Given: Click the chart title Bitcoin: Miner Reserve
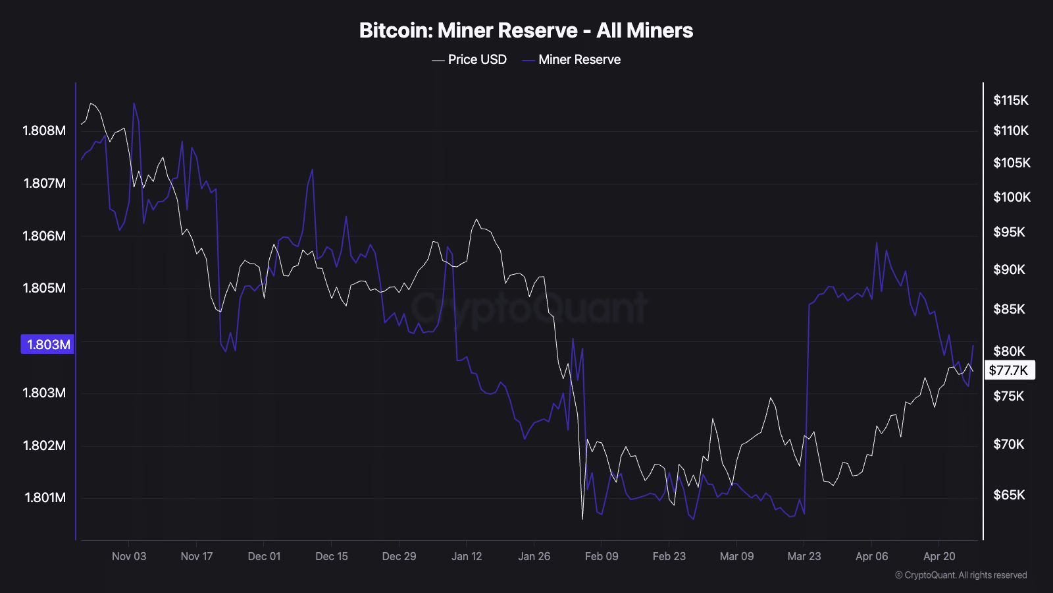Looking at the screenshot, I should (x=526, y=30).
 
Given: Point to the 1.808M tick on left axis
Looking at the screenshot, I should (x=44, y=130).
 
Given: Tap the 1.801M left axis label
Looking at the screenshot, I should (x=45, y=497).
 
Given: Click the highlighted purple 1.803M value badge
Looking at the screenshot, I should (x=47, y=345).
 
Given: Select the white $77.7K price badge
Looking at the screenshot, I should (x=1009, y=370).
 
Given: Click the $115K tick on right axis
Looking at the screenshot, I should (x=1010, y=100).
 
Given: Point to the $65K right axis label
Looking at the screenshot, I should (x=1009, y=495).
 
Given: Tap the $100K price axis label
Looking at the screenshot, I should (x=1012, y=197).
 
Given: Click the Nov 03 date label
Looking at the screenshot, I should (x=129, y=556).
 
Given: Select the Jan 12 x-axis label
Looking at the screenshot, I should (x=467, y=556).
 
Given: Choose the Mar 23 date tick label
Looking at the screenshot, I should (x=804, y=556).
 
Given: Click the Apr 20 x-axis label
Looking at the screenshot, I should (x=939, y=556).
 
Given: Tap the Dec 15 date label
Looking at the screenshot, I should (x=332, y=556).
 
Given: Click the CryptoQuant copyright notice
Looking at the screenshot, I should (x=961, y=575).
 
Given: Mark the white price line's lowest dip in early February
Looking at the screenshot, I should (x=582, y=519).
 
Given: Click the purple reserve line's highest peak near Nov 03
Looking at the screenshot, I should (x=134, y=103).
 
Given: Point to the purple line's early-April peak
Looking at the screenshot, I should (x=877, y=243).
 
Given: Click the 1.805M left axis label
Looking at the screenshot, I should (x=44, y=288).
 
